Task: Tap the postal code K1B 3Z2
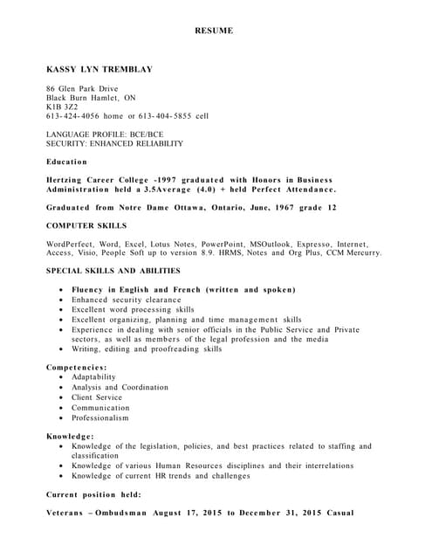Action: (x=62, y=107)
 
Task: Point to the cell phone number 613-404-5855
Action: (x=166, y=116)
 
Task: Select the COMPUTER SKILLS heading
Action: (x=86, y=226)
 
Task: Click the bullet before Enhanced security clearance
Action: (x=59, y=300)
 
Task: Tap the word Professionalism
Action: (x=100, y=418)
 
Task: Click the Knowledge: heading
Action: (x=70, y=436)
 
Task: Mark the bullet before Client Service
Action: (x=59, y=398)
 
